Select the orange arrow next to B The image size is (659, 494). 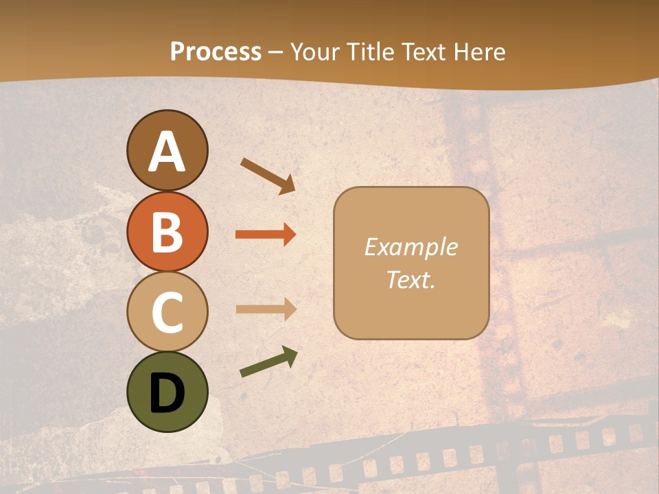tap(266, 235)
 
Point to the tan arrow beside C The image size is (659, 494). tap(266, 309)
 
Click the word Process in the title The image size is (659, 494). tap(216, 52)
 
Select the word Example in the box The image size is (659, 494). tap(411, 247)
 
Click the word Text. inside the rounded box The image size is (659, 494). tap(411, 279)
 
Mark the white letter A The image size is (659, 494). tap(167, 152)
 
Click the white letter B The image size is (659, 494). tap(167, 231)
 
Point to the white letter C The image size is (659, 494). tap(167, 312)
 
